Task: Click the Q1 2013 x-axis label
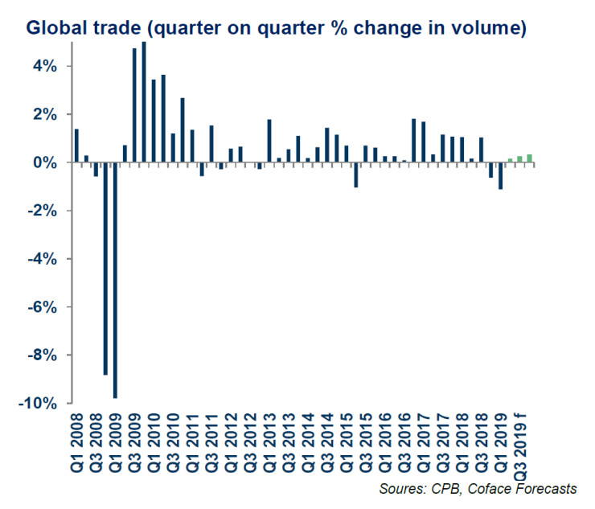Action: point(269,443)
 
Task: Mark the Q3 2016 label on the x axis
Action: point(404,443)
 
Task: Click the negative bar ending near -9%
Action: point(105,269)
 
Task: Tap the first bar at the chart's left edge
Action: point(76,146)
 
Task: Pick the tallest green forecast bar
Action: point(530,158)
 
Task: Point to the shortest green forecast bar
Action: point(511,161)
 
